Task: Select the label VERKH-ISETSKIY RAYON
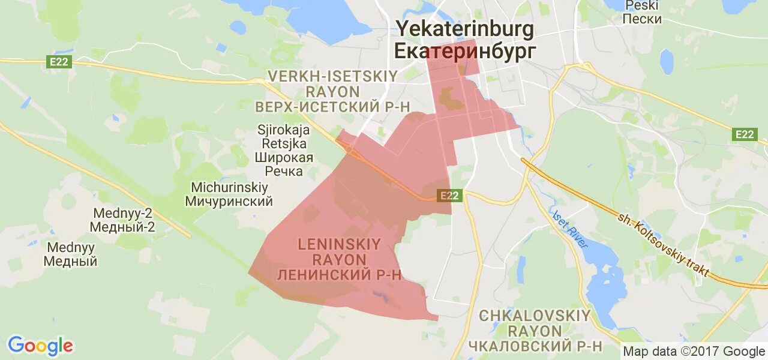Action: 332,84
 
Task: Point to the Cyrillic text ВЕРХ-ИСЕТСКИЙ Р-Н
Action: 332,107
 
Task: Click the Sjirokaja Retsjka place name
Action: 281,137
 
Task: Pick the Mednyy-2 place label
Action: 122,213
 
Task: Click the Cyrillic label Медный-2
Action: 122,227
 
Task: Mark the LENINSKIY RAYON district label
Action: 339,252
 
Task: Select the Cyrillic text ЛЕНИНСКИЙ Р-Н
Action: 339,275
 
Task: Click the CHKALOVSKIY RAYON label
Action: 535,323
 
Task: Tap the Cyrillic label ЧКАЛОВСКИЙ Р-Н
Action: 535,346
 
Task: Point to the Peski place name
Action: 641,5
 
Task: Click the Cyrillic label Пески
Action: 641,19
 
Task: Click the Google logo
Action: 40,346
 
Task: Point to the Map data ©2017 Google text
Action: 694,352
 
